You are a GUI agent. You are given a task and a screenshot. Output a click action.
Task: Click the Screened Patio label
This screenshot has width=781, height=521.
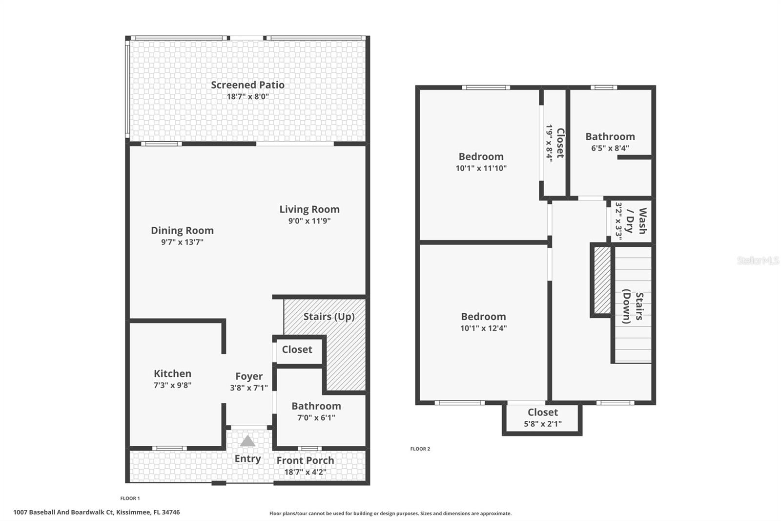click(247, 85)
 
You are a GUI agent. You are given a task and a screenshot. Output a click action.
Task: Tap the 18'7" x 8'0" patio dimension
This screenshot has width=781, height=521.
click(247, 96)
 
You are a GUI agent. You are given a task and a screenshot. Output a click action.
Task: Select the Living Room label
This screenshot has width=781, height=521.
click(309, 209)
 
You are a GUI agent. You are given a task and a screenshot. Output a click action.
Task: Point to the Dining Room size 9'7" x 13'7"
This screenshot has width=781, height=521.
click(182, 242)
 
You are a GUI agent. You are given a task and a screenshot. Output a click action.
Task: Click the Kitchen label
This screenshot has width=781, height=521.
click(172, 373)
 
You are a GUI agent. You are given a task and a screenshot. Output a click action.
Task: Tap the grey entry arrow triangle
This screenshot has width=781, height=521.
click(247, 441)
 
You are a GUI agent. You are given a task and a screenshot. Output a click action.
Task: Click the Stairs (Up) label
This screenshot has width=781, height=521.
click(329, 316)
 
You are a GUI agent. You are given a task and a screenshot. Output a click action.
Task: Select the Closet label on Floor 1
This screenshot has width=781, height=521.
click(297, 349)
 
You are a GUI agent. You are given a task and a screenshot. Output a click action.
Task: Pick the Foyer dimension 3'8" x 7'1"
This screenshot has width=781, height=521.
click(249, 388)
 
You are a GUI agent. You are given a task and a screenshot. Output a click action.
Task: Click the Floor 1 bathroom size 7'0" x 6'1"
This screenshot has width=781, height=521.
click(316, 417)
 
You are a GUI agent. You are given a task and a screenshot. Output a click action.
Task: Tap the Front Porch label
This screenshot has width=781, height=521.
click(305, 460)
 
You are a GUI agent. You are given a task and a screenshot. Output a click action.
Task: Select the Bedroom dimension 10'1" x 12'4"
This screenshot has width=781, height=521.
click(483, 328)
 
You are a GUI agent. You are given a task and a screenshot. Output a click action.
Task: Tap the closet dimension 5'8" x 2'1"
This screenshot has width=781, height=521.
click(542, 424)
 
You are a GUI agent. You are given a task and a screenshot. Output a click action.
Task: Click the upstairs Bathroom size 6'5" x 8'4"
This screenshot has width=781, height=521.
click(610, 148)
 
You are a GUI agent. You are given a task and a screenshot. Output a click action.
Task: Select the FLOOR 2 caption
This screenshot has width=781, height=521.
click(420, 449)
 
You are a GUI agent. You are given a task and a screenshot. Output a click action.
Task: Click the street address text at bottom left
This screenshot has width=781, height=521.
click(97, 512)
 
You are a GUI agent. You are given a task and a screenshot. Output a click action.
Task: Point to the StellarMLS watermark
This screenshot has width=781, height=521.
click(758, 260)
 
